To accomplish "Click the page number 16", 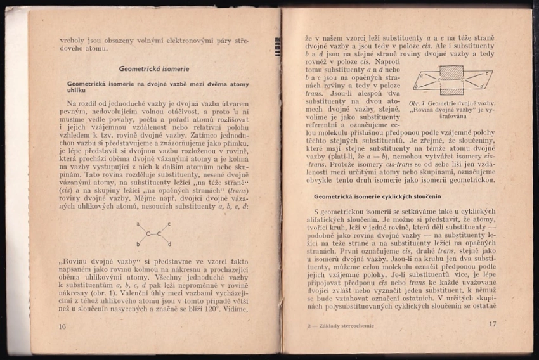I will point(62,326).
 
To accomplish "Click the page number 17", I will point(492,324).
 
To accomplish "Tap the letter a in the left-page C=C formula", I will point(137,224).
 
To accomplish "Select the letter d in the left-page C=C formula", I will point(170,244).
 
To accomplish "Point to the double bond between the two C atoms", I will point(153,235).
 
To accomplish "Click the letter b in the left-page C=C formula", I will point(137,244).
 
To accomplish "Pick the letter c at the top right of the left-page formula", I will point(169,224).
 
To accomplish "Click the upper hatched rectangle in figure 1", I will point(451,72).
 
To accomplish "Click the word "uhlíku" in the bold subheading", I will point(76,91).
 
